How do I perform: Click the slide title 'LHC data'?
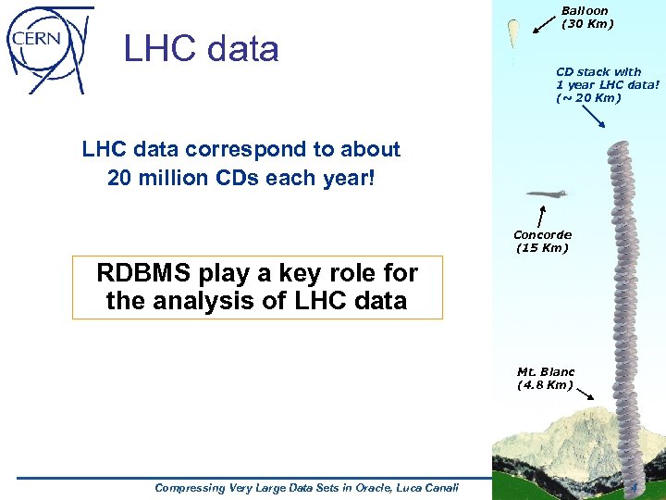click(201, 49)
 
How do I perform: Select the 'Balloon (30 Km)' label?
click(586, 18)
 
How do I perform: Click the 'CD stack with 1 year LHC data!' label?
click(608, 84)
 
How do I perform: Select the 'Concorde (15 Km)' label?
click(542, 242)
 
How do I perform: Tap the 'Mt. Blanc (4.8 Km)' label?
click(546, 378)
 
